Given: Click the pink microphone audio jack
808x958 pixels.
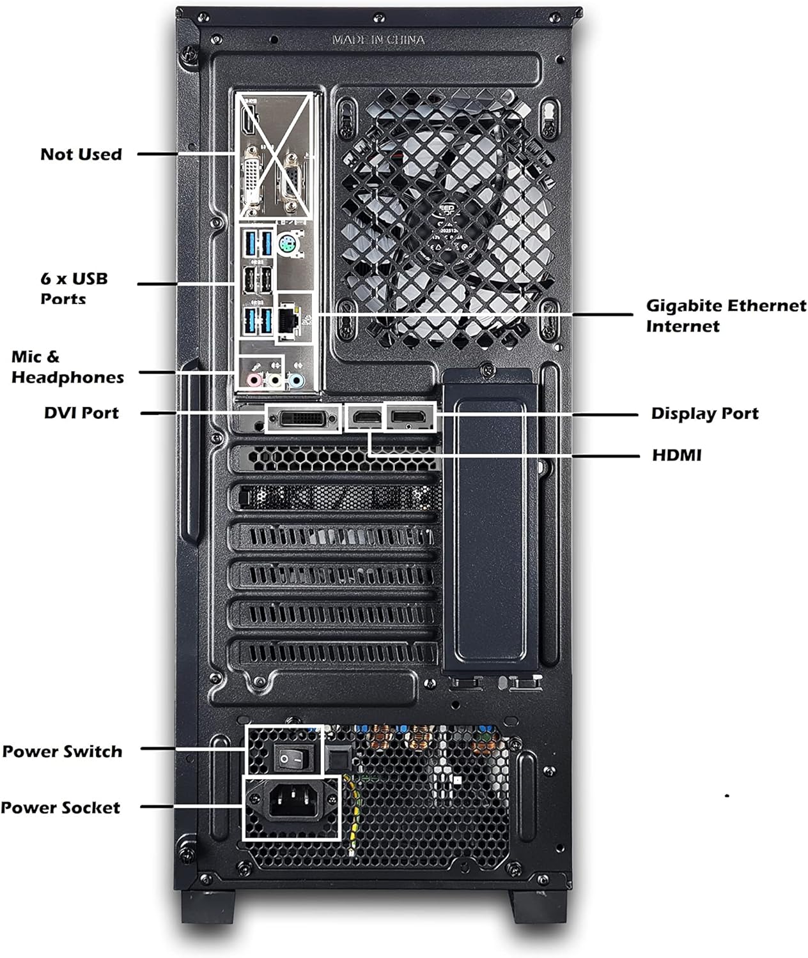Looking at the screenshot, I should (x=254, y=381).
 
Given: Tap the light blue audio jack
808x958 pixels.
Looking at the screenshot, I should (x=295, y=381).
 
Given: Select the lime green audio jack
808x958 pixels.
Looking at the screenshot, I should (x=275, y=381).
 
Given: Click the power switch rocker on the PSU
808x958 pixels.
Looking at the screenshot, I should (x=291, y=758).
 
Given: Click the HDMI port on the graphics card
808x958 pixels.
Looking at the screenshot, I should (x=364, y=418).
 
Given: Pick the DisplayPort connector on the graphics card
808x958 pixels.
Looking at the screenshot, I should (x=410, y=418).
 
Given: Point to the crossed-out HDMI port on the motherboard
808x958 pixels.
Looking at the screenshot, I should (x=249, y=120).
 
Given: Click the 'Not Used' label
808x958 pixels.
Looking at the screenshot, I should (x=81, y=154).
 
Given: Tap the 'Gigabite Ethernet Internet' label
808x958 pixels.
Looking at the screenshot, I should (x=726, y=316).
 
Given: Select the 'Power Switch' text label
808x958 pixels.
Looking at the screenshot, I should (x=62, y=751).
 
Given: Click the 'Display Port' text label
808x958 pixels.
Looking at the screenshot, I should (x=704, y=413).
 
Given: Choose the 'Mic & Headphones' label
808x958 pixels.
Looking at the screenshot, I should (x=67, y=367).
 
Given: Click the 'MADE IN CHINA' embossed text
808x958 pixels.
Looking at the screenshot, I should (x=378, y=40).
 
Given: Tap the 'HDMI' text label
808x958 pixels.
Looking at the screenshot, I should (x=676, y=455).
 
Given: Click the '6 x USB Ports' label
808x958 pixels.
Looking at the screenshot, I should (x=74, y=287).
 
